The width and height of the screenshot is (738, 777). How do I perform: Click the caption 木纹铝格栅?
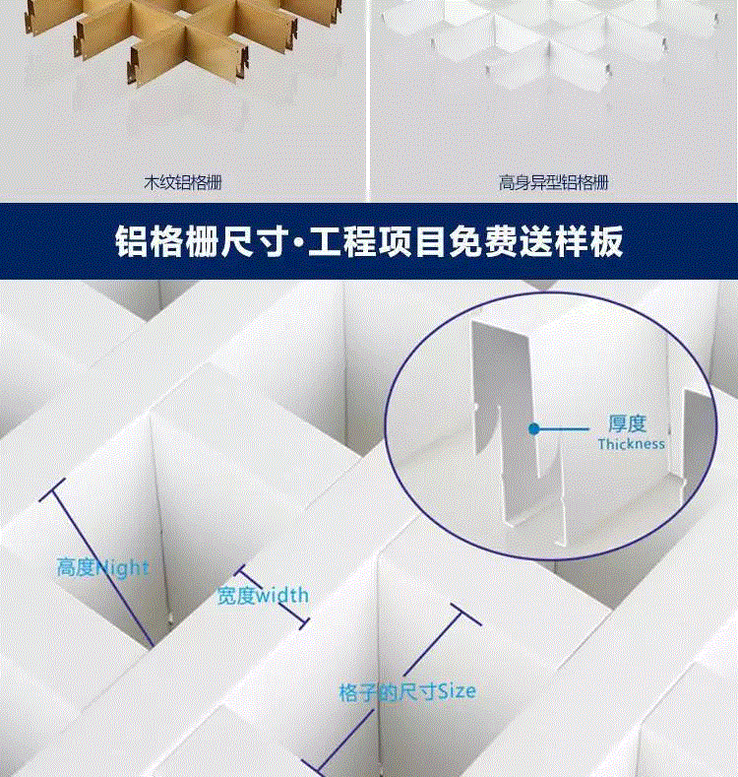coord(183,183)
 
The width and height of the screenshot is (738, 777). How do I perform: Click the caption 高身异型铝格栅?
coord(553,183)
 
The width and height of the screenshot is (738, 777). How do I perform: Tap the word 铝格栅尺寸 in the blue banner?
coord(202,242)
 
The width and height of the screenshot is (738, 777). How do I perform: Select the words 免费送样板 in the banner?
coord(536,242)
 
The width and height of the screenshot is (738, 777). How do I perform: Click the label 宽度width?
coord(263,595)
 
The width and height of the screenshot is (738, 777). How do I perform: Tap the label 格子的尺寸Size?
coord(407,691)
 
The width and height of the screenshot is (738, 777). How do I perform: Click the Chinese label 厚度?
coord(627,424)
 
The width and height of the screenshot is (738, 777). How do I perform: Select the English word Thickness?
coord(631,444)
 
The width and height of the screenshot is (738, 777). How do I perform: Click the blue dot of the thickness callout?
coord(534,428)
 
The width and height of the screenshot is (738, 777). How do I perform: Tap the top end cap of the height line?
coord(52,490)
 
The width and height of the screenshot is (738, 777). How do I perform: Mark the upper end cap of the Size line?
coord(465,615)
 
